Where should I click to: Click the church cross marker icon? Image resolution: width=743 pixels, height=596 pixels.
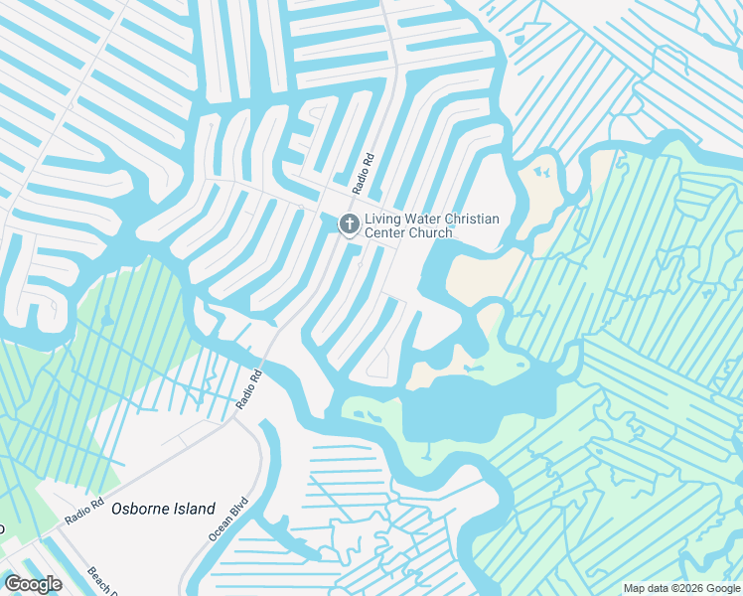(x=349, y=225)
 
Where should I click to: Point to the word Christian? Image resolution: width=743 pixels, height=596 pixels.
(x=473, y=220)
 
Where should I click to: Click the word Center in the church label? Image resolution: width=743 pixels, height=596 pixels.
(x=386, y=233)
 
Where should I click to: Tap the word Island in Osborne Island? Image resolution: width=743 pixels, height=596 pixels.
(x=197, y=509)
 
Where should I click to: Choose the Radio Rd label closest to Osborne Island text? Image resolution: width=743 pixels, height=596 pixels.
(x=84, y=513)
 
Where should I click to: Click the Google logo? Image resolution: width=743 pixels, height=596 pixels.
(x=33, y=584)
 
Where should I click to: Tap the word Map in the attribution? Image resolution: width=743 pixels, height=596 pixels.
(x=634, y=588)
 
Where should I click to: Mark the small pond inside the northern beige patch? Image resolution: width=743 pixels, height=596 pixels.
(x=541, y=171)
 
